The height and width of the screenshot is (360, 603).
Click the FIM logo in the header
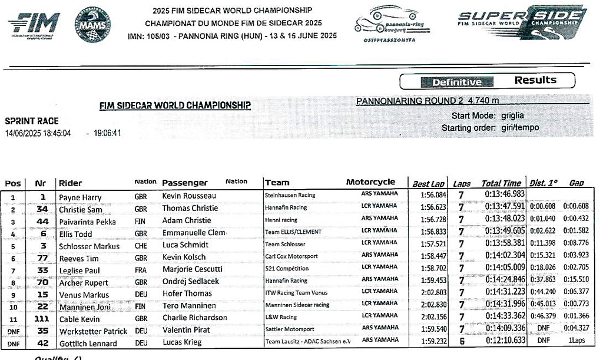pos(34,24)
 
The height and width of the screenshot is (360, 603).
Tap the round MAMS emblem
pos(93,24)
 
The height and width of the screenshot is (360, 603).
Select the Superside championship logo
pos(522,22)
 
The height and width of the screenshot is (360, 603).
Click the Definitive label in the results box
pos(456,82)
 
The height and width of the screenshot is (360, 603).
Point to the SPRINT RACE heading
pos(32,121)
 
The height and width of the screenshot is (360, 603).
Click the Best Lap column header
pos(428,183)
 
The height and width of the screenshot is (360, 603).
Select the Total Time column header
pos(501,183)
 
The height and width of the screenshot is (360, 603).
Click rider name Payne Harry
pos(80,197)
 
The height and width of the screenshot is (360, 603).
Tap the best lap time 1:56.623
pos(433,208)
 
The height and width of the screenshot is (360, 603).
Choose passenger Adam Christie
pos(187,220)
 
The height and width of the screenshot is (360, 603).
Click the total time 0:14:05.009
pos(505,269)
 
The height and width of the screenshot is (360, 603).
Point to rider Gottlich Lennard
pos(88,344)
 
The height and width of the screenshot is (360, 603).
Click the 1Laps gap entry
pos(577,341)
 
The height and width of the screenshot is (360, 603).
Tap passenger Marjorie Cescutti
pos(192,269)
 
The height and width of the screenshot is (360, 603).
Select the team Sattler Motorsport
pos(290,329)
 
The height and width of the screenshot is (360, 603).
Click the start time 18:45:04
pos(55,133)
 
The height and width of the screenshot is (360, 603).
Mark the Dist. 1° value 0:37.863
pos(543,280)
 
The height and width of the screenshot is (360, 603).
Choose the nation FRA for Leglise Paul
pos(141,270)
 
